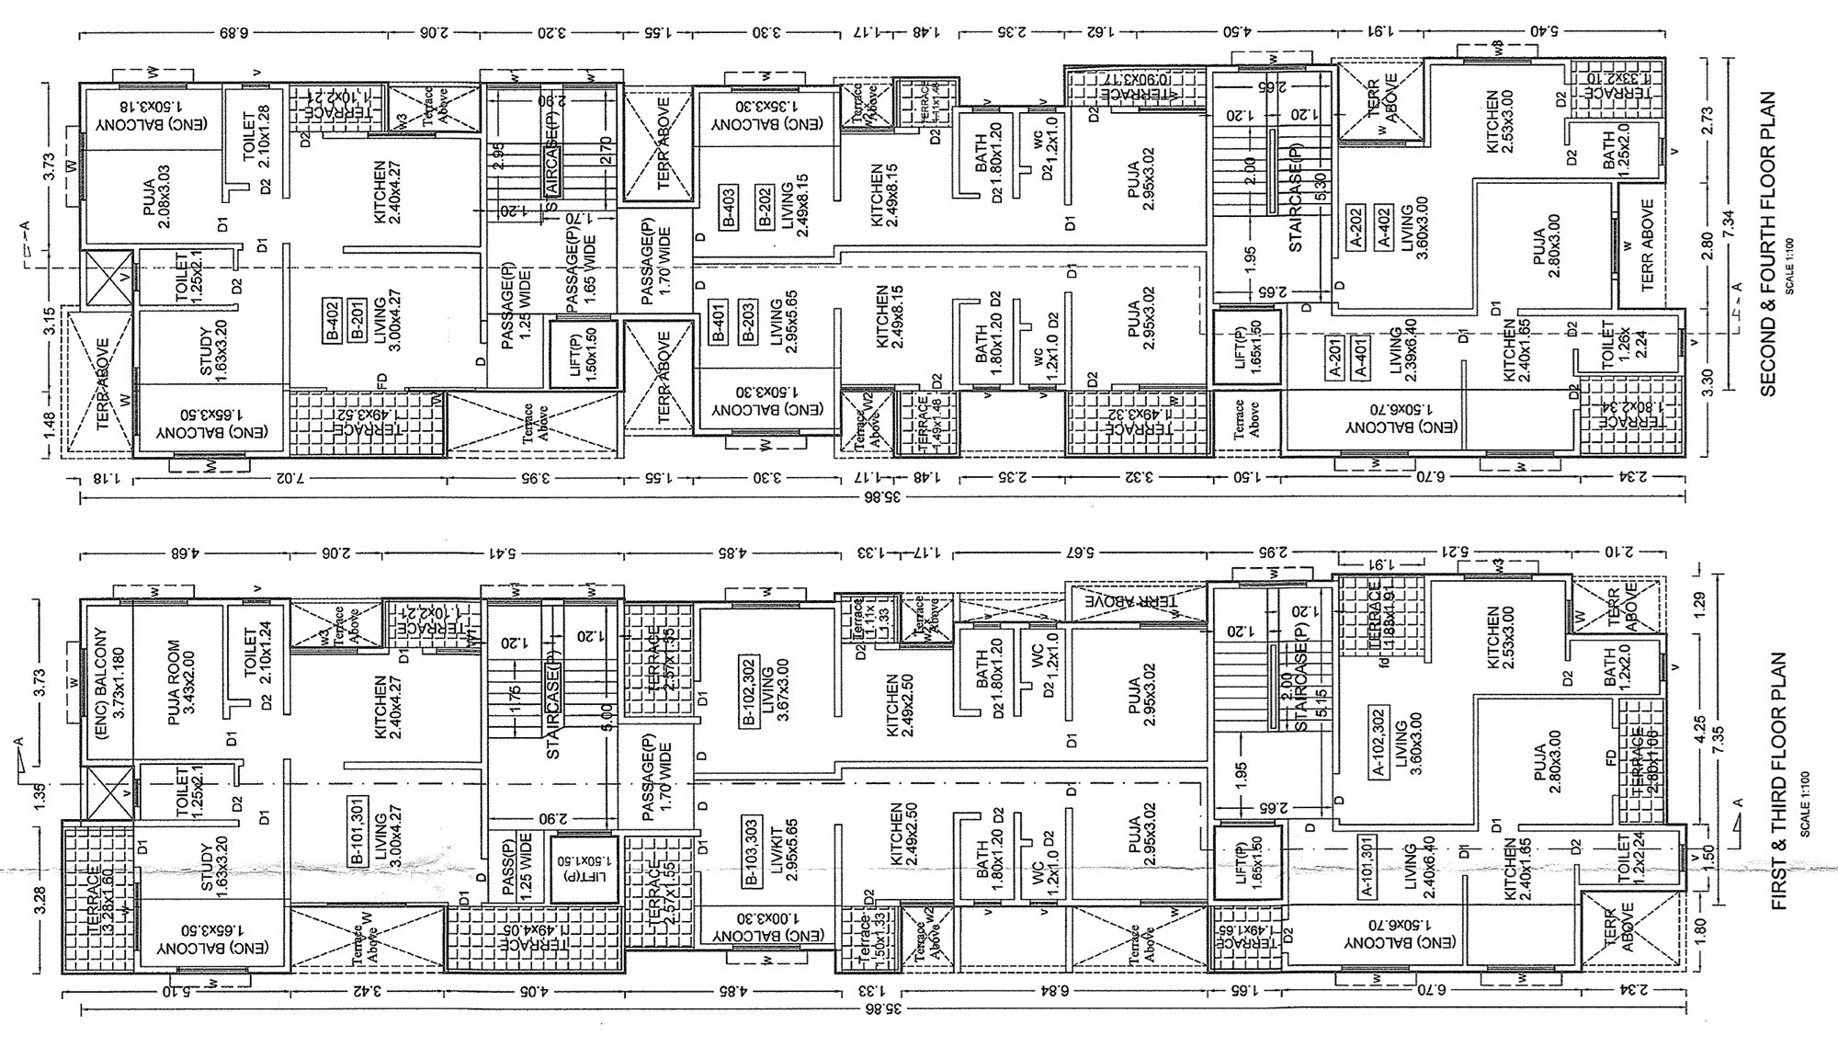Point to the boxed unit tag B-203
(746, 322)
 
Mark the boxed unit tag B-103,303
(751, 850)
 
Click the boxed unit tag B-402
(333, 321)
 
